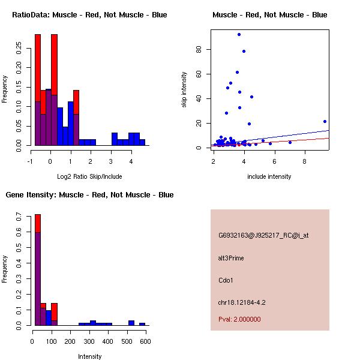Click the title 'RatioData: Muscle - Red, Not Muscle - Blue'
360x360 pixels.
pos(89,14)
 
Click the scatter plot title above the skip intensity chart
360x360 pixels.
pos(269,14)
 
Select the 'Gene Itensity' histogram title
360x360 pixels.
pos(89,195)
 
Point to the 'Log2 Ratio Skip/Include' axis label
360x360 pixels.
pos(89,176)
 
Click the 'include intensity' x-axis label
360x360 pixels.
pos(269,176)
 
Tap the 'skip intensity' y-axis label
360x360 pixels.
pos(184,90)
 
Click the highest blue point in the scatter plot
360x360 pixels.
pos(239,34)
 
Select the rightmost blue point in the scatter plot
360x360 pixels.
pos(325,121)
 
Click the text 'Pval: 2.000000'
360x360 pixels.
pos(239,319)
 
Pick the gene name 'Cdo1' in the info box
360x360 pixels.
pos(226,280)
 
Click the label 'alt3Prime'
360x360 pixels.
pos(231,258)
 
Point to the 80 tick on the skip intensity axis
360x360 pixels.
pos(202,49)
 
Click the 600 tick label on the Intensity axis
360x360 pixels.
pos(145,341)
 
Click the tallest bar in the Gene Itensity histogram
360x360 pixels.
pos(37,270)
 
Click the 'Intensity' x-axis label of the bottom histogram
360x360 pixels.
pos(89,356)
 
